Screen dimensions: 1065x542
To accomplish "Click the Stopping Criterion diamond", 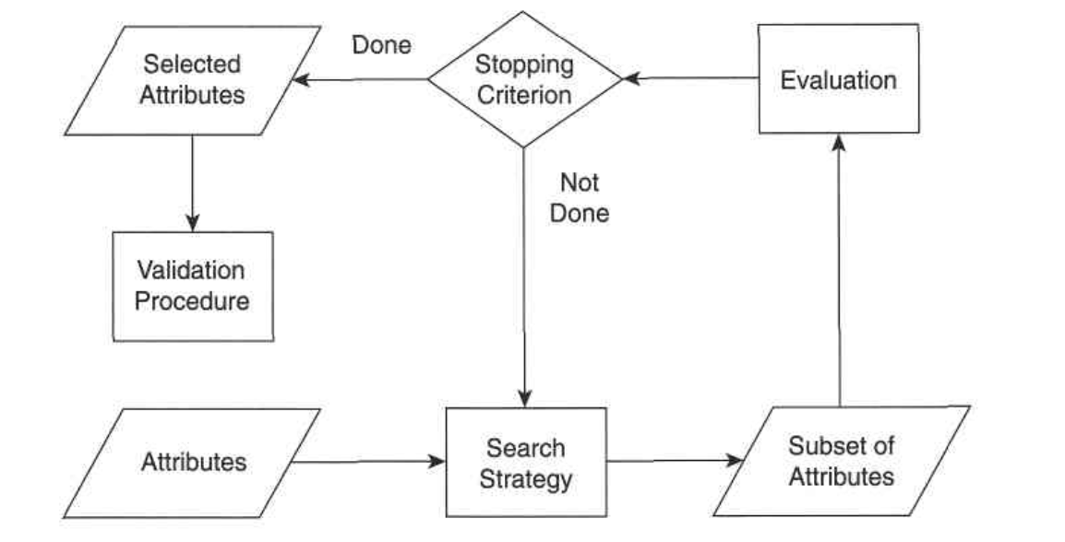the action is coord(524,79).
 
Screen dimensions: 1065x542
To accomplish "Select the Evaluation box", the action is coord(838,78).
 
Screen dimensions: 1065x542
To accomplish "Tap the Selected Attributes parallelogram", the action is coord(192,80).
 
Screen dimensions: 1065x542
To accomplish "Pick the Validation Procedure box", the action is coord(193,287).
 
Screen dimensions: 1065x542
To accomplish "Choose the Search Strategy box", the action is coord(526,462).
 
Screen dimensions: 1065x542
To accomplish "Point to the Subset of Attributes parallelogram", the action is coord(842,461).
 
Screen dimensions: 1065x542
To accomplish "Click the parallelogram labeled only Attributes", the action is coord(192,464).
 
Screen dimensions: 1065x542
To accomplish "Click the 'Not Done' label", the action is coord(579,197).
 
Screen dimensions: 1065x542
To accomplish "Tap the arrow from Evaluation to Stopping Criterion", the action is coord(690,78).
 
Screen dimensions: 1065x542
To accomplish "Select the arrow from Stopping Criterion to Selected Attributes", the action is coord(360,80).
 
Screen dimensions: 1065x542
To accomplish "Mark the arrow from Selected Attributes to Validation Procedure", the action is coord(192,183).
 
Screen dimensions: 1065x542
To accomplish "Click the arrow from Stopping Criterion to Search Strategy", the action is coord(524,277).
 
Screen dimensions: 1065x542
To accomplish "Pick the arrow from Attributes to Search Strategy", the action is coord(368,462).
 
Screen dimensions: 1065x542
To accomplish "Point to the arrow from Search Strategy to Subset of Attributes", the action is coord(675,461).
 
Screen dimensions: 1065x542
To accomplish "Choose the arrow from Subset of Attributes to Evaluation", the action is coord(839,270).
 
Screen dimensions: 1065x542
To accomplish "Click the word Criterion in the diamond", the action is coord(524,94).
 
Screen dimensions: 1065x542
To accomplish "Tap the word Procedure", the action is coord(192,301).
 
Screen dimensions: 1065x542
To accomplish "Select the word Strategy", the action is coord(526,479).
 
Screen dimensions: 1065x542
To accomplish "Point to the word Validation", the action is coord(191,270).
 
